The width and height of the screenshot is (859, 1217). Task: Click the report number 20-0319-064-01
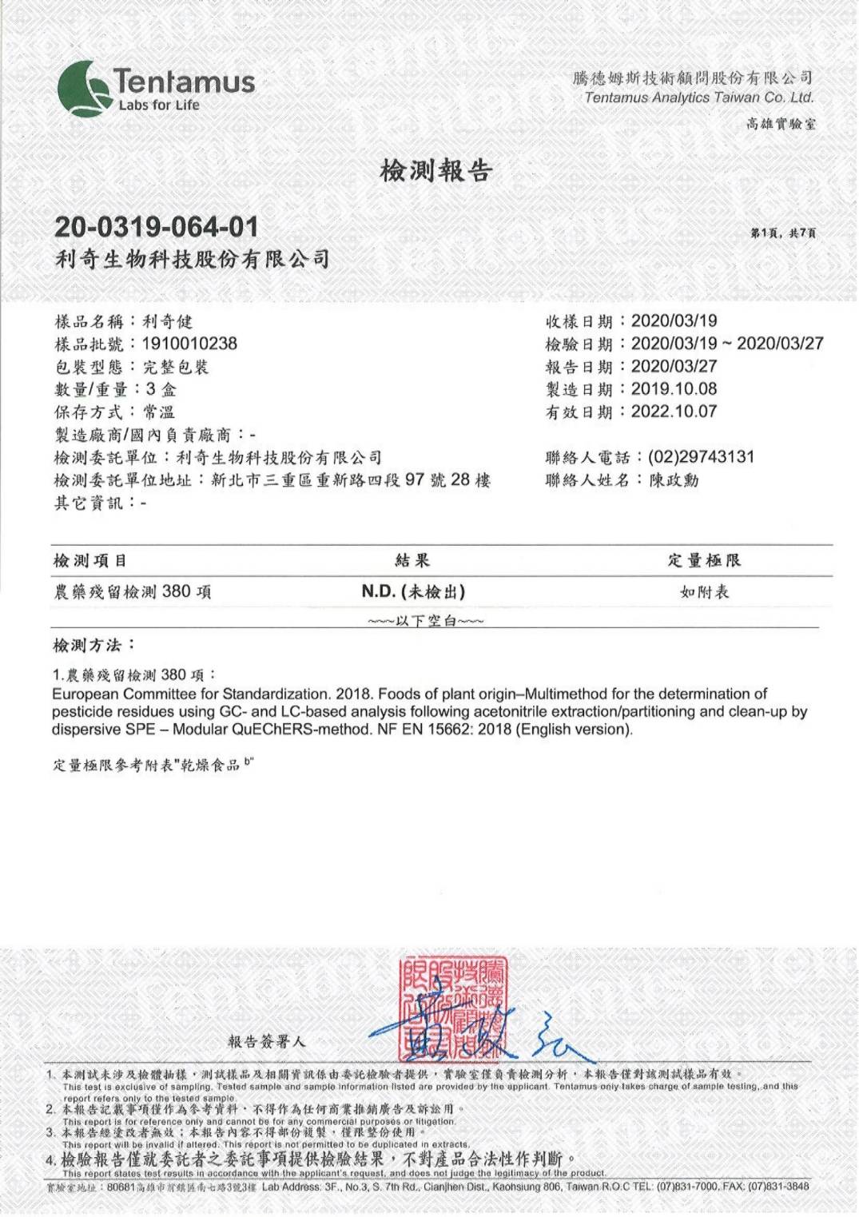pos(157,227)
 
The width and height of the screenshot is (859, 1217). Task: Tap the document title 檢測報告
pos(435,170)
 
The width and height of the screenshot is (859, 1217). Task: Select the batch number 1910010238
pos(189,344)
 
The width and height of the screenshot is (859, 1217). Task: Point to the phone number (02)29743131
pos(701,457)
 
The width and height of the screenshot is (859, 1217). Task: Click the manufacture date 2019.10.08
pos(674,389)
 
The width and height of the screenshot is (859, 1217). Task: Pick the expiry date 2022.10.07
pos(674,412)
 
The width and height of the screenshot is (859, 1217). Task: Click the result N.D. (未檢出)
pos(413,592)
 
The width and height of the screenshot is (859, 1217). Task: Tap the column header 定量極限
pos(704,560)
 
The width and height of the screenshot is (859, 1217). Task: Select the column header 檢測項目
pos(90,560)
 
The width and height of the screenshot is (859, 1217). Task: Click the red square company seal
pos(453,1008)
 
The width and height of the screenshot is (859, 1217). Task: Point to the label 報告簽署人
pos(267,1041)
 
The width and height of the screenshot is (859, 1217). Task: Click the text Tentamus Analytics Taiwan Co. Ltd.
pos(698,97)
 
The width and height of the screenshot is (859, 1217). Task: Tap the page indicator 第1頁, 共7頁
pos(782,233)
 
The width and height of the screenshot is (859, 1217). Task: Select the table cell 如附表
pos(704,592)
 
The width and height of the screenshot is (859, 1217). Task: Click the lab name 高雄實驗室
pos(781,124)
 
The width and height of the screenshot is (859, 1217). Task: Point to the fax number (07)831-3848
pos(777,1187)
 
